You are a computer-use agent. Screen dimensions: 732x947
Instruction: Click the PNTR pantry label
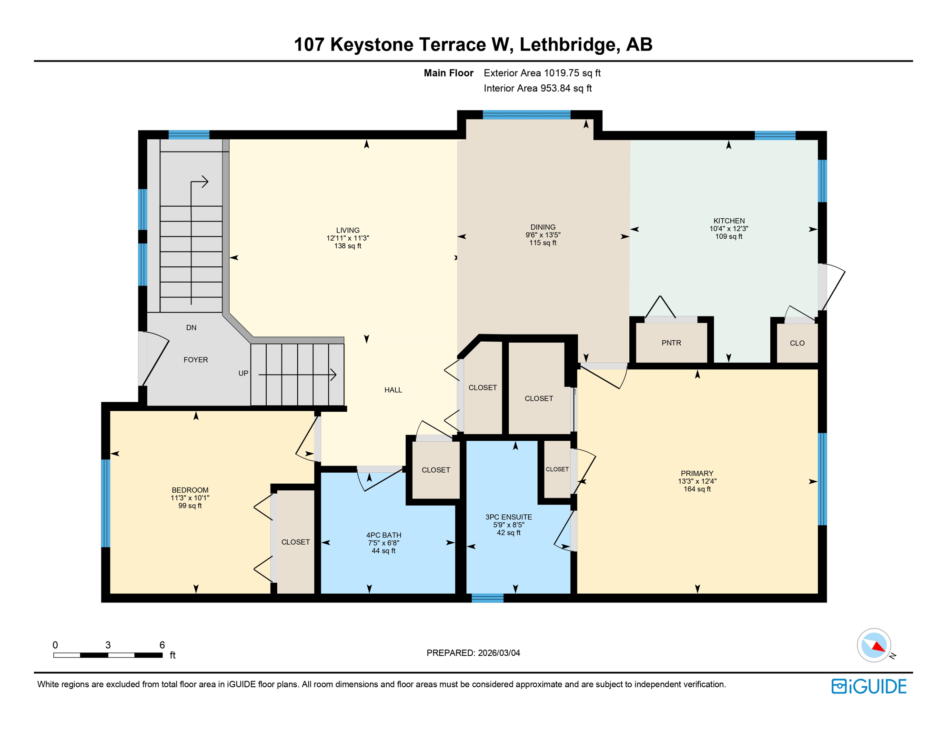tap(671, 343)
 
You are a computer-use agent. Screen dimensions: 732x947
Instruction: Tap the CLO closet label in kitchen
tap(797, 343)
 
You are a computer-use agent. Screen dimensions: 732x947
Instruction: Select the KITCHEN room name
tap(729, 221)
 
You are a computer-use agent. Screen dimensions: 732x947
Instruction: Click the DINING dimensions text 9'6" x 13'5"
tap(543, 235)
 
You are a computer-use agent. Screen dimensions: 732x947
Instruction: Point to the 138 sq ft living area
tap(348, 246)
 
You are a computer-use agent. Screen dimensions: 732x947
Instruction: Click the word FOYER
tap(196, 360)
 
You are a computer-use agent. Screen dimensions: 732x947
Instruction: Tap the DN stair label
tap(191, 327)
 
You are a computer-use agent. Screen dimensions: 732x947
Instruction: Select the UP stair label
tap(243, 373)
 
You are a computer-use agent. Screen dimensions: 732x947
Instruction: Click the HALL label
tap(393, 390)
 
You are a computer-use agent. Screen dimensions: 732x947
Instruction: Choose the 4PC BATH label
tap(383, 535)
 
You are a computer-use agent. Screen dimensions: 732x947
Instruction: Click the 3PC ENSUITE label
tap(509, 517)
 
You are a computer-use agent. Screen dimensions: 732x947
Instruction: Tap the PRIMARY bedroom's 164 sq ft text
tap(697, 489)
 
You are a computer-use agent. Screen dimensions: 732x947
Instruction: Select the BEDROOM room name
tap(190, 490)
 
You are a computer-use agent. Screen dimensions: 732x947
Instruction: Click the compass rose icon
tap(874, 645)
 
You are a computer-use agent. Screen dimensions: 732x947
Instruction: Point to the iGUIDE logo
tap(869, 686)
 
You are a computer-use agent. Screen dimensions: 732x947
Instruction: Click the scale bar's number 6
tap(162, 645)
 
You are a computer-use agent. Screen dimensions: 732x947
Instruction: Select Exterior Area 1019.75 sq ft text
tap(542, 73)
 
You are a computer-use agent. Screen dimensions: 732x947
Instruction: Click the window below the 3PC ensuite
tap(487, 598)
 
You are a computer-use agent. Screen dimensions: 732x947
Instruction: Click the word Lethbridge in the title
tap(569, 44)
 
